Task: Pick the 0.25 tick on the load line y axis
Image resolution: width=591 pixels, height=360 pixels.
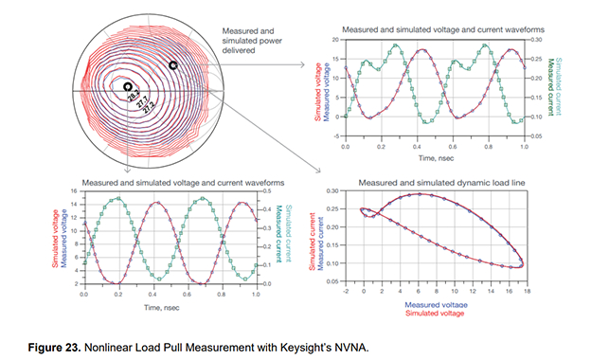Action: point(338,209)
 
